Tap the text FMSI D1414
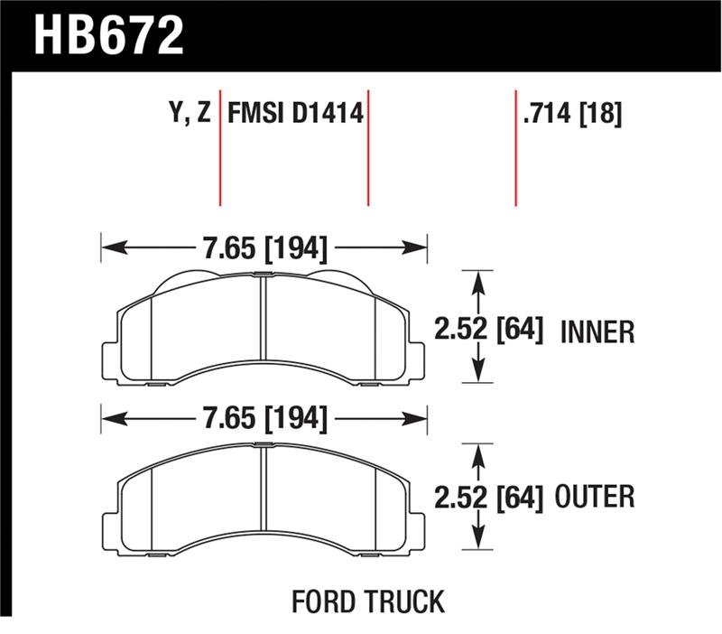(295, 114)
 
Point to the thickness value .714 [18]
(572, 114)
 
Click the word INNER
(597, 332)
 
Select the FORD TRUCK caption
(367, 601)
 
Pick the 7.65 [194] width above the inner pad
(264, 247)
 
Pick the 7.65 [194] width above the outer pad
(264, 419)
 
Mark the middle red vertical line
(368, 149)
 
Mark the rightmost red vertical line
(515, 149)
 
